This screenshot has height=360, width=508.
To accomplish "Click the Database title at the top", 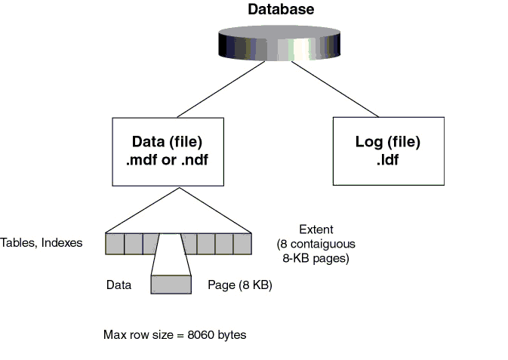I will point(281,10).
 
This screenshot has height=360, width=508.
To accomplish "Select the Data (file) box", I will point(168,151).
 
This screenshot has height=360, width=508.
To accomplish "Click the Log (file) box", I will point(388,151).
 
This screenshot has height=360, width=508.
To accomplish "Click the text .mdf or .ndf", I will point(167,158).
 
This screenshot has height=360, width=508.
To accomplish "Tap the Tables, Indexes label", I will point(42,243).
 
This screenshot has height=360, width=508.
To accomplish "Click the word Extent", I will point(316,229).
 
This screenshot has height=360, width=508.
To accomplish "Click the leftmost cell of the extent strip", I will point(115,244).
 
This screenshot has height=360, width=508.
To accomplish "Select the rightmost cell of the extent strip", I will point(241,244).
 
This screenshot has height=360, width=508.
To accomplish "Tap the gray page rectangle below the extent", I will point(171,285).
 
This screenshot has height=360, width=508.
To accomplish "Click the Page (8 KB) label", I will point(239,285).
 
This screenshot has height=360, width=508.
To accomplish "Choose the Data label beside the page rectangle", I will point(119,285).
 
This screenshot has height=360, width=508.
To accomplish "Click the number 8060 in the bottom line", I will point(199,334).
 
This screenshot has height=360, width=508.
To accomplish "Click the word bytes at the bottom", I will point(231,334).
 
